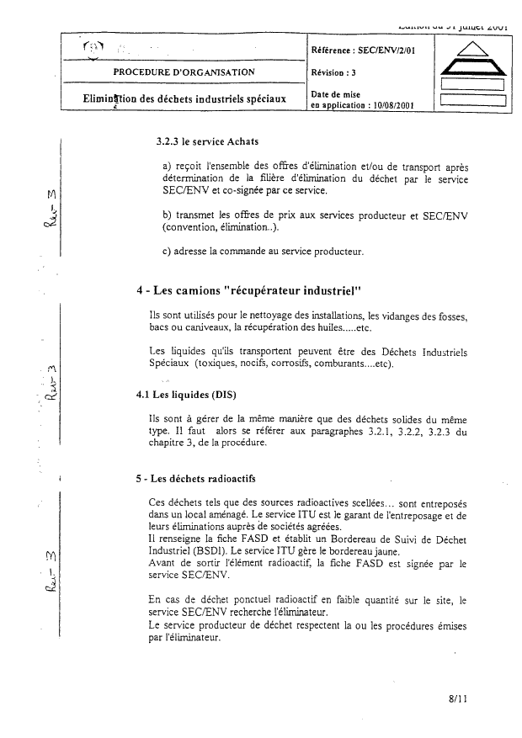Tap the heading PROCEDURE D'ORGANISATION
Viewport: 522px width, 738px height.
click(184, 72)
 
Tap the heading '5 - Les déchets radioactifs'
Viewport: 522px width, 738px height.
click(196, 480)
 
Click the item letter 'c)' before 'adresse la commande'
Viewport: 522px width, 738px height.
click(167, 252)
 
